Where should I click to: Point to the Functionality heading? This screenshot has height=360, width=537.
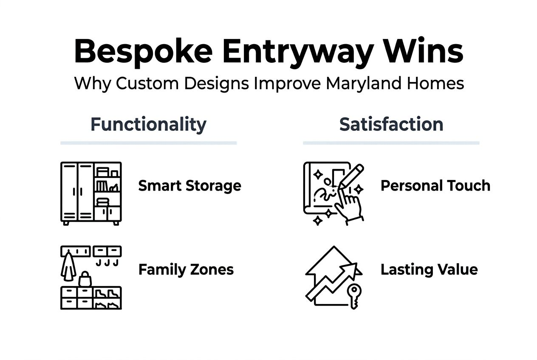tap(148, 124)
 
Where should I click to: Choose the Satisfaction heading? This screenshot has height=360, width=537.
tap(391, 124)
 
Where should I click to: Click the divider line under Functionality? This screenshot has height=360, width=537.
tap(148, 143)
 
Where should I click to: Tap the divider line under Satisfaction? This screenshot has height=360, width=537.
tap(391, 143)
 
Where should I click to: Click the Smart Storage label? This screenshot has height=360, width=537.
tap(189, 186)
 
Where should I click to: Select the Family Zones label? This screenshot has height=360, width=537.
tap(186, 270)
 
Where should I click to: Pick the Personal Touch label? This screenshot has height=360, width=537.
tap(435, 186)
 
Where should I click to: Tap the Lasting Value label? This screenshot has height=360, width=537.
tap(429, 270)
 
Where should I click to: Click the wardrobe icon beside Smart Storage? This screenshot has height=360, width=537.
tap(91, 193)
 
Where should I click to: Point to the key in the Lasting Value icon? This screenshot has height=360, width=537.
tap(353, 295)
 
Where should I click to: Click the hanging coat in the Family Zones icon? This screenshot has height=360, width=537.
tap(68, 267)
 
